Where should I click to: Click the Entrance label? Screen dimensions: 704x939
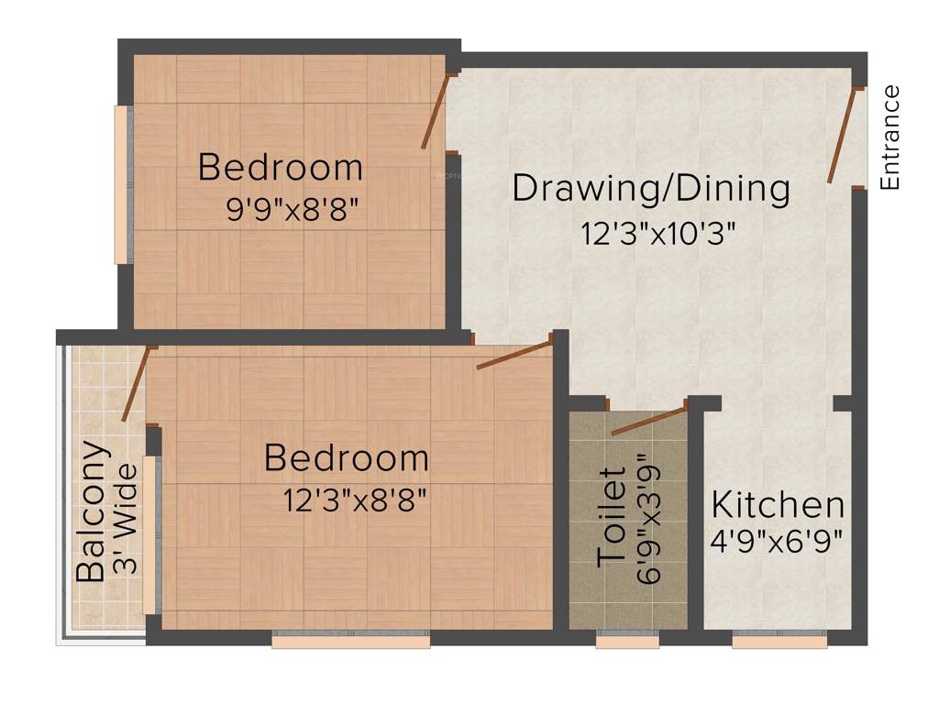[x=889, y=137]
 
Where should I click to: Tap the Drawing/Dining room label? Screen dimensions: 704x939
[x=651, y=189]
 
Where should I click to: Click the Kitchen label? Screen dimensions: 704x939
[x=779, y=505]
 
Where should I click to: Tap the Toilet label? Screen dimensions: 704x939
[x=613, y=518]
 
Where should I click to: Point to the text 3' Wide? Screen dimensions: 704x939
[x=127, y=519]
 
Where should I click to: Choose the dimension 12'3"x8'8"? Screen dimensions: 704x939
[x=356, y=500]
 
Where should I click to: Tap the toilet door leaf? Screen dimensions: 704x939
[x=649, y=418]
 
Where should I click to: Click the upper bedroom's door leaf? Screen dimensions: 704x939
[x=434, y=111]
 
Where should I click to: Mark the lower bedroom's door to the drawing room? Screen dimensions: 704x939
[x=514, y=355]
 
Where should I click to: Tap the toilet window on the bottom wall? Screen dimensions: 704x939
[x=627, y=643]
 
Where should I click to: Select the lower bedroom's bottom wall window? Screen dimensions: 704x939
[x=350, y=643]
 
